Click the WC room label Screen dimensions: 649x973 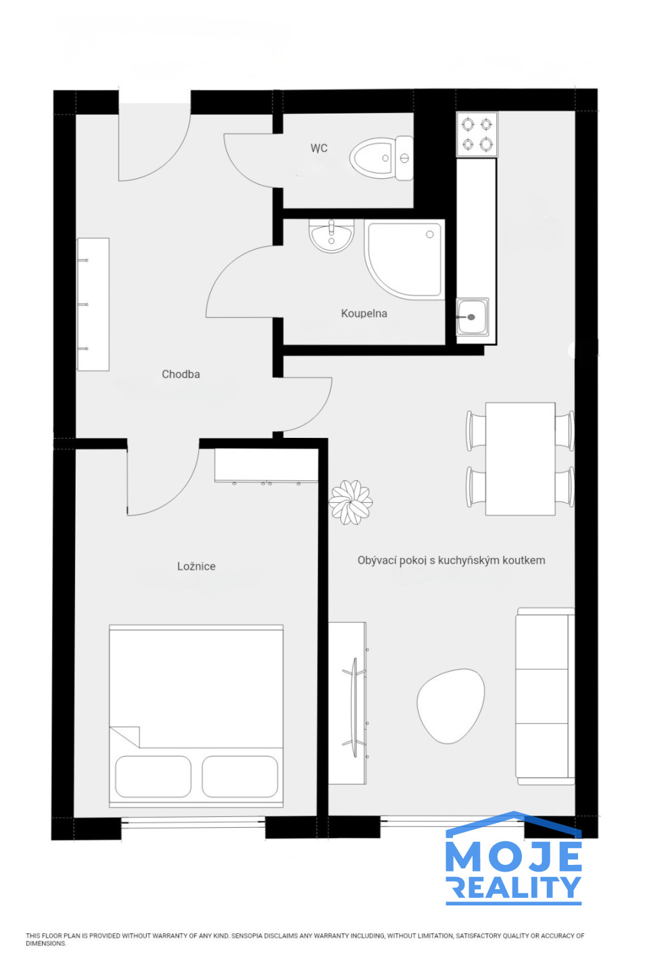pos(318,148)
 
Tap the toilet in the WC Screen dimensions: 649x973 pos(381,157)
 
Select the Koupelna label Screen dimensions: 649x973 pos(364,314)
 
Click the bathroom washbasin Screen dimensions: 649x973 pos(331,235)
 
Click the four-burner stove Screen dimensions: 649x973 pos(477,134)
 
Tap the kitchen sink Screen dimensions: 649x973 pos(472,317)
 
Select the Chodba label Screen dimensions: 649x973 pos(181,374)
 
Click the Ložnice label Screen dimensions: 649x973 pos(196,566)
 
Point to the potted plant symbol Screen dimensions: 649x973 pos(350,501)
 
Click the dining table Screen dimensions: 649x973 pos(520,459)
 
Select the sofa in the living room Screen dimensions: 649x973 pos(545,696)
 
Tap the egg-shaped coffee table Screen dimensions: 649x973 pos(450,705)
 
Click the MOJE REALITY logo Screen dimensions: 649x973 pos(514,858)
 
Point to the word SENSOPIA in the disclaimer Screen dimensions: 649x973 pos(247,936)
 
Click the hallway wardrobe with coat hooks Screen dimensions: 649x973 pos(93,304)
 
